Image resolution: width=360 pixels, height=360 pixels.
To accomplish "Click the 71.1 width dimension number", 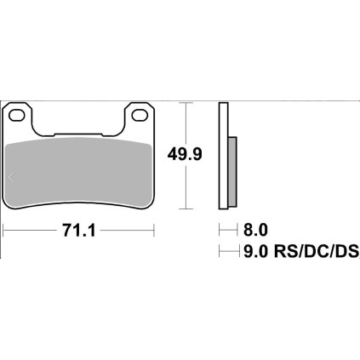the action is [x=79, y=231].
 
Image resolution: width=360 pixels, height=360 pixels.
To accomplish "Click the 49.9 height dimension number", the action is [x=185, y=155].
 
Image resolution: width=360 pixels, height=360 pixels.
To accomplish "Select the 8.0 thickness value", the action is [x=255, y=230].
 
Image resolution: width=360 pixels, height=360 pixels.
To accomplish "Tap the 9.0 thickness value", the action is [x=255, y=251].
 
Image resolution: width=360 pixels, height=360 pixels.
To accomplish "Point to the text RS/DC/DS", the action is [x=317, y=251].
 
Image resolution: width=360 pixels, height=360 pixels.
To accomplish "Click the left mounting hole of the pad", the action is [x=17, y=115].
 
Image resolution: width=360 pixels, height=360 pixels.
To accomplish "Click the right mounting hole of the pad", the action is [x=140, y=115].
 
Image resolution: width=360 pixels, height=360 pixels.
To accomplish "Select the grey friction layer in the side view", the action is [x=232, y=171].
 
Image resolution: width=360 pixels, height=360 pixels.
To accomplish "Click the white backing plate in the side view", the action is [x=224, y=156].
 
